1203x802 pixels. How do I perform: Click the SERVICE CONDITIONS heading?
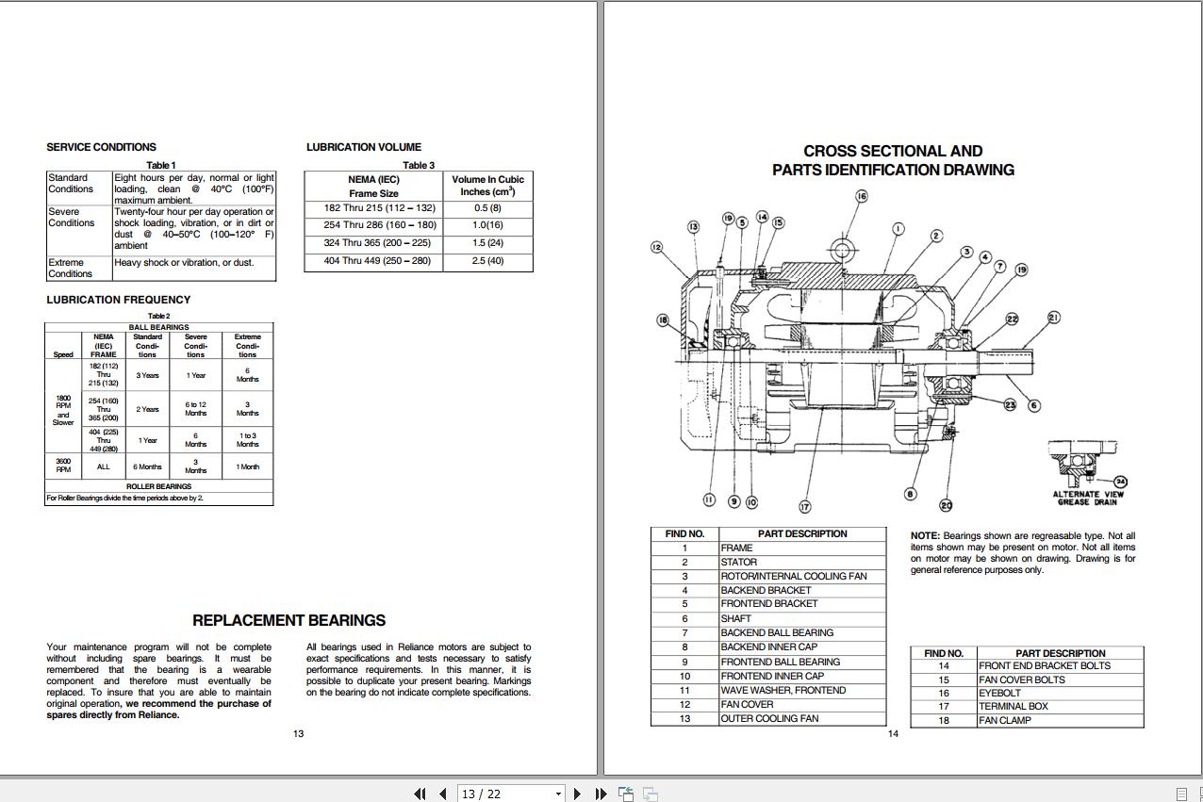click(x=101, y=147)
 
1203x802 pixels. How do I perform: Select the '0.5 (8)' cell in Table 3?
click(x=487, y=208)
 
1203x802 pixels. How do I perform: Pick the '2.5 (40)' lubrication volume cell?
click(x=487, y=261)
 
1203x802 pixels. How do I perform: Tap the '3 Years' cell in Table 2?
click(x=147, y=375)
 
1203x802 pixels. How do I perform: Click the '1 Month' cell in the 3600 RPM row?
click(x=247, y=466)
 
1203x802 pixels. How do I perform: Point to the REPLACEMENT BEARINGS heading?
click(x=288, y=621)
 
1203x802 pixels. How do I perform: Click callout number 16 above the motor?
click(x=861, y=197)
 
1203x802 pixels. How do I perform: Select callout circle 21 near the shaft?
click(x=1053, y=318)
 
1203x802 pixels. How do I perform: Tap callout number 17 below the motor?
click(x=805, y=506)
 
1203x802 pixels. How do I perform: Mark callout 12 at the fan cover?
click(x=656, y=247)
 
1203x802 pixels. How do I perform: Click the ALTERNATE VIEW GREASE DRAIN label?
click(x=1088, y=498)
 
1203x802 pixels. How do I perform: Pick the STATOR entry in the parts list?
click(x=738, y=562)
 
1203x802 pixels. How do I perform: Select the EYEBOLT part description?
click(x=999, y=693)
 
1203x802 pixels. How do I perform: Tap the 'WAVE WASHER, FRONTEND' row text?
click(x=783, y=690)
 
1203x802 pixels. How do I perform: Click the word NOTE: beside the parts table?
click(x=925, y=536)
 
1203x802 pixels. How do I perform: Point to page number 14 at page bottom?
click(x=893, y=734)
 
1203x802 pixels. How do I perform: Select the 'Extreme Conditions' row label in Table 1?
click(x=71, y=269)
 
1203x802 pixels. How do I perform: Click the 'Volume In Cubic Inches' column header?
click(x=487, y=186)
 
